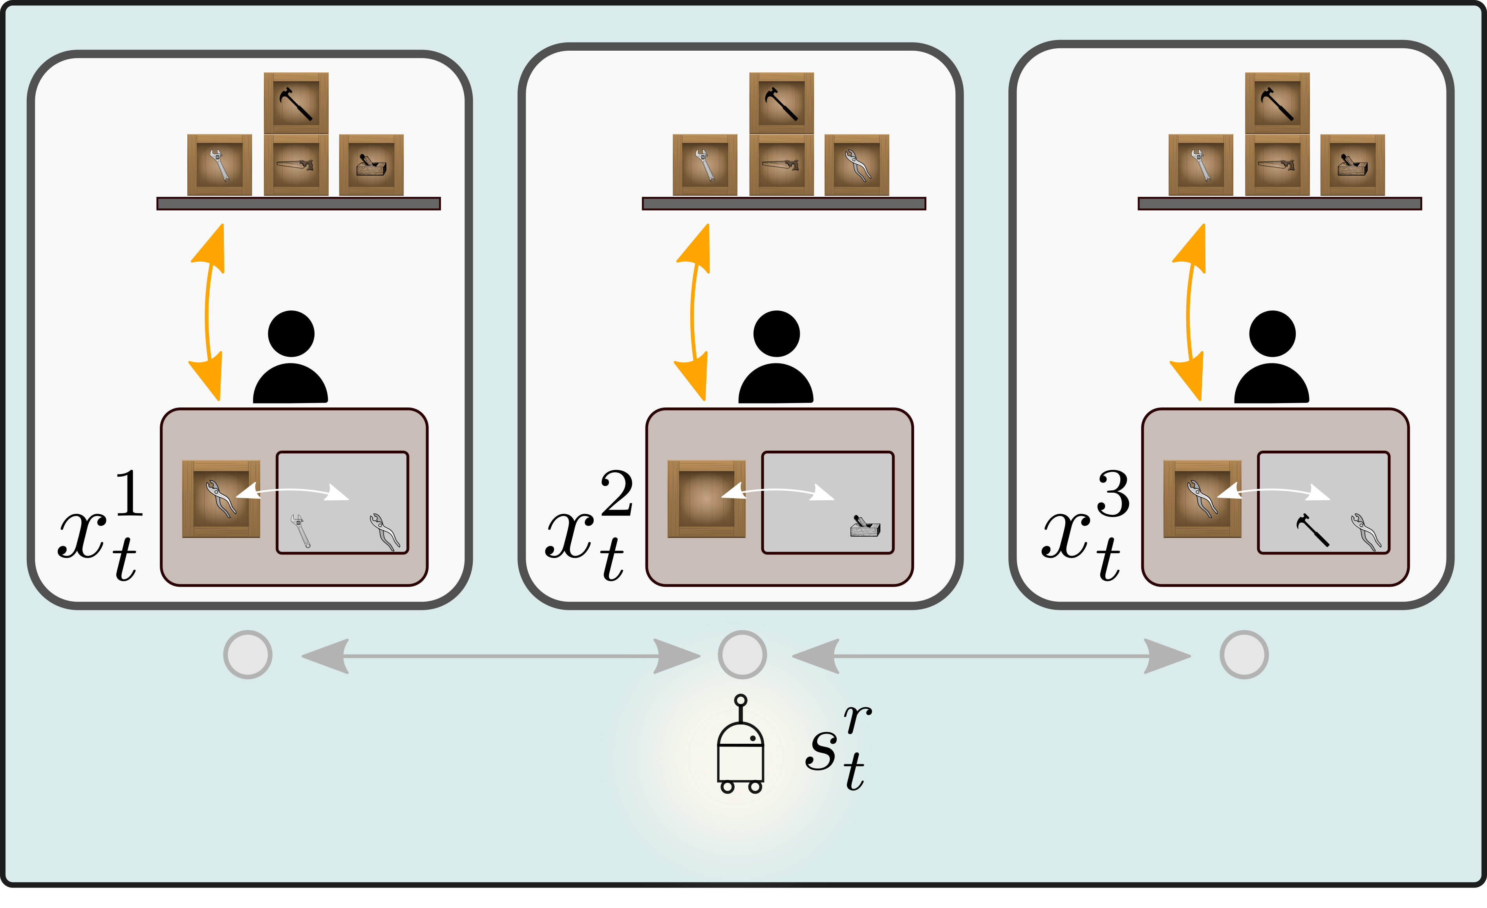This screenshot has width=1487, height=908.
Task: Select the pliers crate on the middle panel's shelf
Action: [856, 165]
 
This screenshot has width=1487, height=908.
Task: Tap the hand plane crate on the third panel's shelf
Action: [1352, 165]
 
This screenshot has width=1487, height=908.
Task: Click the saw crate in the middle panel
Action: [781, 165]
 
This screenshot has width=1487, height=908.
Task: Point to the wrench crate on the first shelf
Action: [219, 165]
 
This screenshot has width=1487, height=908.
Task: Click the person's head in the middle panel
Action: [777, 334]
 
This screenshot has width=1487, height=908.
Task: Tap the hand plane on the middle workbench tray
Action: [865, 526]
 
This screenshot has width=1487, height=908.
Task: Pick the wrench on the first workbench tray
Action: [300, 531]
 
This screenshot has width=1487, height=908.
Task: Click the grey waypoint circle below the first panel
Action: [247, 655]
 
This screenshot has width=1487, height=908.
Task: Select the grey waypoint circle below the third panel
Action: [1244, 655]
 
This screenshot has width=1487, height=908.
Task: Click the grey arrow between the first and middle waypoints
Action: [501, 656]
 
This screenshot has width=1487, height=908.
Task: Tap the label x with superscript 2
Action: [589, 525]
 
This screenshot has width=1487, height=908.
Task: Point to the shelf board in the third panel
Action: [1279, 204]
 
